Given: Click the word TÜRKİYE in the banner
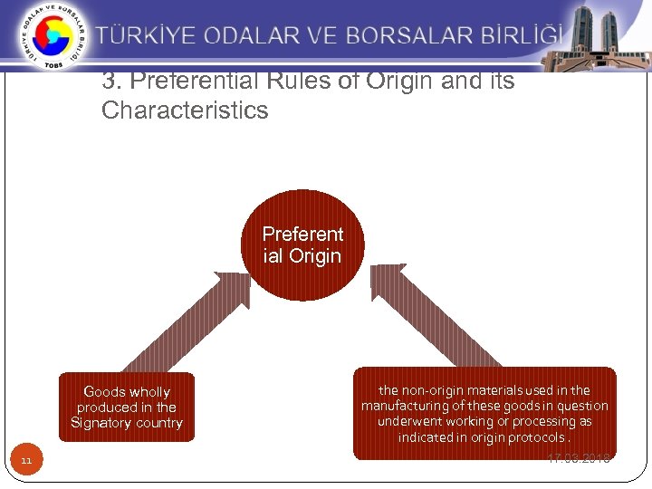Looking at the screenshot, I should [146, 36].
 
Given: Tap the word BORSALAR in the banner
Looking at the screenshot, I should [409, 36].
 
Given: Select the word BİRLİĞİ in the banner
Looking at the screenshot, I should [519, 36].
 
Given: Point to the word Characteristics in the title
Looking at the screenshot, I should [185, 111].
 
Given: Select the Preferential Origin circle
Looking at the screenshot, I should [302, 244].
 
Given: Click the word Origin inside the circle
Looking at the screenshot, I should [315, 256].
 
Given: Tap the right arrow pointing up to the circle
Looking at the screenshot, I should [430, 317].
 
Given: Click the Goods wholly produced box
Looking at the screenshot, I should [127, 407].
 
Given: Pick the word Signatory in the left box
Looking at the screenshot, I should [101, 423].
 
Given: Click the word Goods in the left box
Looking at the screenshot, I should [104, 392].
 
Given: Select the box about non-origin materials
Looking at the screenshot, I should [484, 413].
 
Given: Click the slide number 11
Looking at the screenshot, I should [26, 461].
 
